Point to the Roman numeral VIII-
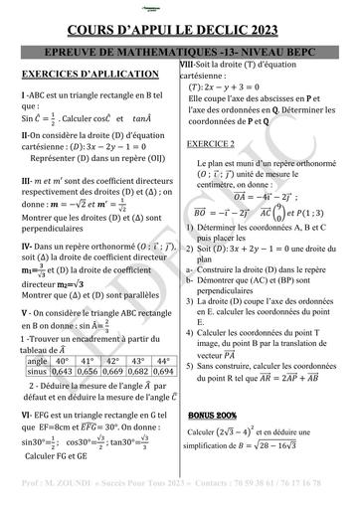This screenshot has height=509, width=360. point(188,64)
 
